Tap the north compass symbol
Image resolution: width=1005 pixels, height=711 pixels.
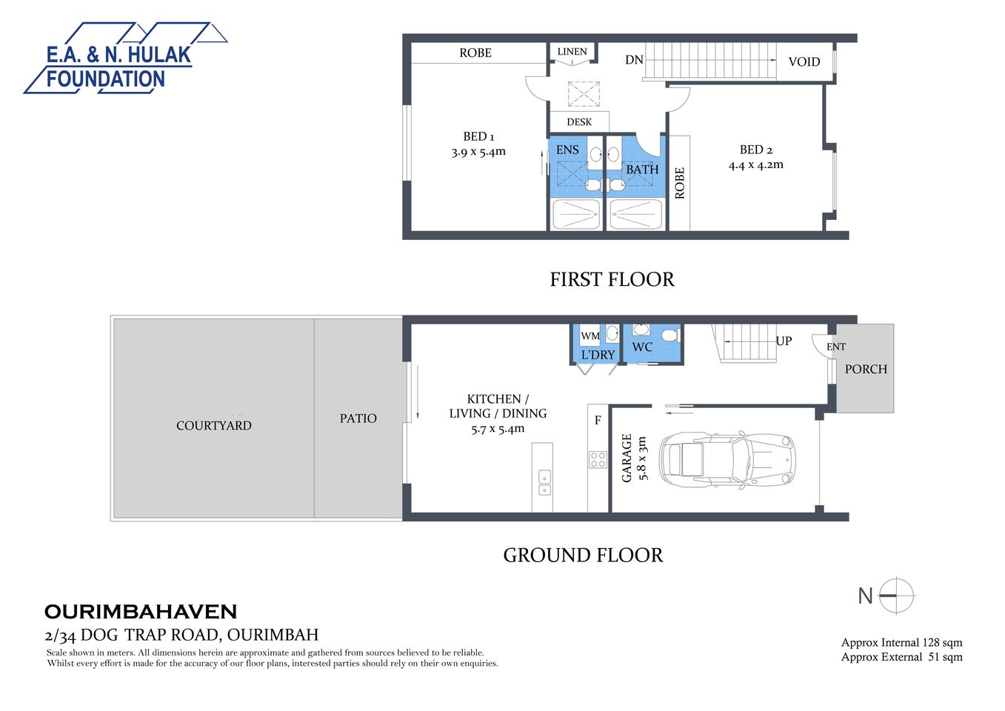point(896,595)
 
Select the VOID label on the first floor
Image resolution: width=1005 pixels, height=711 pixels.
point(804,62)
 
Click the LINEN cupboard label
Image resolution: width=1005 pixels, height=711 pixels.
point(572,52)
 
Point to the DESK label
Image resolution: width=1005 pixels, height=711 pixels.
point(579,122)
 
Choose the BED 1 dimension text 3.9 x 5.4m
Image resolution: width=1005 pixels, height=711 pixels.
point(478,152)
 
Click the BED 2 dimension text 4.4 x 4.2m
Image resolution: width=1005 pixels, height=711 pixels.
point(755,165)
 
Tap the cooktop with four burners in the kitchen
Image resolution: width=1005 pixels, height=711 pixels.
point(598,459)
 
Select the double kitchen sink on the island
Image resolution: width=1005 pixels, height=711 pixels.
point(544,481)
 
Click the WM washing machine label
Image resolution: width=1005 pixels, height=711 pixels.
point(590,336)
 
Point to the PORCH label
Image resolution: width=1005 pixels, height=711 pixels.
point(866,369)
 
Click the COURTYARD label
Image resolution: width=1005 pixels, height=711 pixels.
point(214,426)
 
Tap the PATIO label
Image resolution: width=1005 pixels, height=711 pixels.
point(358,418)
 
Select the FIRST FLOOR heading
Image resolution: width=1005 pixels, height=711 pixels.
point(612,280)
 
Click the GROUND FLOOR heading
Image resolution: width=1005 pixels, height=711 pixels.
point(583,555)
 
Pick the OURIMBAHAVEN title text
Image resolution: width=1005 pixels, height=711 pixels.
point(141,612)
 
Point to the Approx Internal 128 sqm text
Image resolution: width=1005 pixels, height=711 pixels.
point(901,643)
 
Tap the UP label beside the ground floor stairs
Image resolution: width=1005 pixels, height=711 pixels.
point(784,341)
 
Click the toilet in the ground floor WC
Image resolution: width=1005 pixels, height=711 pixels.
point(670,336)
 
